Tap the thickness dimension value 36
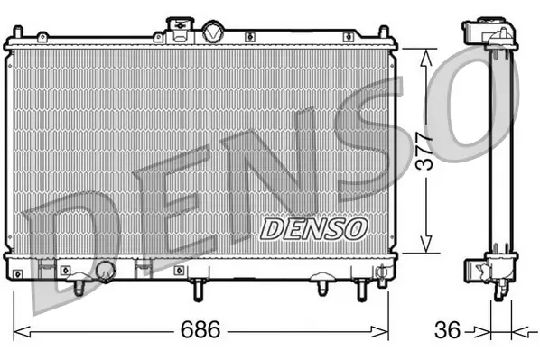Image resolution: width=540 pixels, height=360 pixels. point(447,329)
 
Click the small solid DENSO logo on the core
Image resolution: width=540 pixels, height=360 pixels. point(313,228)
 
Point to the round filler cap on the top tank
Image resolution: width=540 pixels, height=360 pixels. point(212,32)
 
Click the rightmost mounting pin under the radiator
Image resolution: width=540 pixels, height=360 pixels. point(362,288)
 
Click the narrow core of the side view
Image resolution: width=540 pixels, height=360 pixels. point(493,153)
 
